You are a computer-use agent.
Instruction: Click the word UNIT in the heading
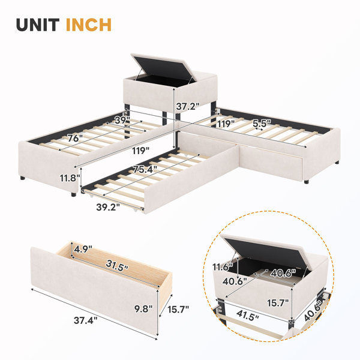coord(38,25)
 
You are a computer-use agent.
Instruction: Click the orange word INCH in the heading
coord(89,25)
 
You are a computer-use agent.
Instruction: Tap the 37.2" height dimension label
coord(188,107)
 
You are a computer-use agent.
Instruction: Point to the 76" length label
coord(75,139)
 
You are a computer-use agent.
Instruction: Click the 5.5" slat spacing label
coord(262,124)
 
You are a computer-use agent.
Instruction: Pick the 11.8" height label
coord(70,178)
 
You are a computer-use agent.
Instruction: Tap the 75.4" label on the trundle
coord(145,170)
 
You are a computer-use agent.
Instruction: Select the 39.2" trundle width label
coord(108,208)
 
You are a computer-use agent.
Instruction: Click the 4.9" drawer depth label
coord(83,249)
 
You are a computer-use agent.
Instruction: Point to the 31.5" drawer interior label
coord(117,265)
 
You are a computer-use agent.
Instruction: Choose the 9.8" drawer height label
coord(143,309)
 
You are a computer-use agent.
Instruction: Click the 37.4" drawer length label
coord(86,320)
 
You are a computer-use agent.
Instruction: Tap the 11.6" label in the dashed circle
coord(223,267)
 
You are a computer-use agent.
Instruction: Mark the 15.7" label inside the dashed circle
coord(278,303)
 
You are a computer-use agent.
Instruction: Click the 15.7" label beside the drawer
coord(178,310)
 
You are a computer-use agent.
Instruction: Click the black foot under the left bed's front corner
coord(73,194)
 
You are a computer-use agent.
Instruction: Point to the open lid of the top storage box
coord(163,67)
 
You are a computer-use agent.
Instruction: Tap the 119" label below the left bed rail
coord(140,151)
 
